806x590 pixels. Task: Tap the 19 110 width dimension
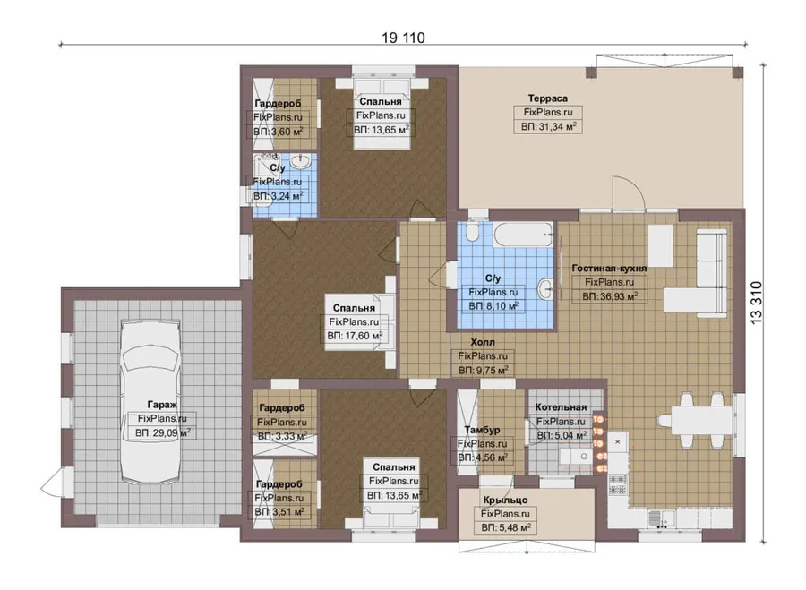404,38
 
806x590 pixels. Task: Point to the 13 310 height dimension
756,303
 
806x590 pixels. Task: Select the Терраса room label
547,98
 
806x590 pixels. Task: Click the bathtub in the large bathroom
523,235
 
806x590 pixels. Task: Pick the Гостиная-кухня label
609,268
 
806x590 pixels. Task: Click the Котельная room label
561,407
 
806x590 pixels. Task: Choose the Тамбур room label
482,430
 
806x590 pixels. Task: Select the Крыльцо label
505,500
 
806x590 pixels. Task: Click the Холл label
483,342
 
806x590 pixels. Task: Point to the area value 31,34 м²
548,126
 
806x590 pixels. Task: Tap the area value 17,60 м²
355,336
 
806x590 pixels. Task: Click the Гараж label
162,405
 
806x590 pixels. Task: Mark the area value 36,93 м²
610,296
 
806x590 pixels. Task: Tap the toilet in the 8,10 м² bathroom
472,233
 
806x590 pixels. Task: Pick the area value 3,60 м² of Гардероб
279,132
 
